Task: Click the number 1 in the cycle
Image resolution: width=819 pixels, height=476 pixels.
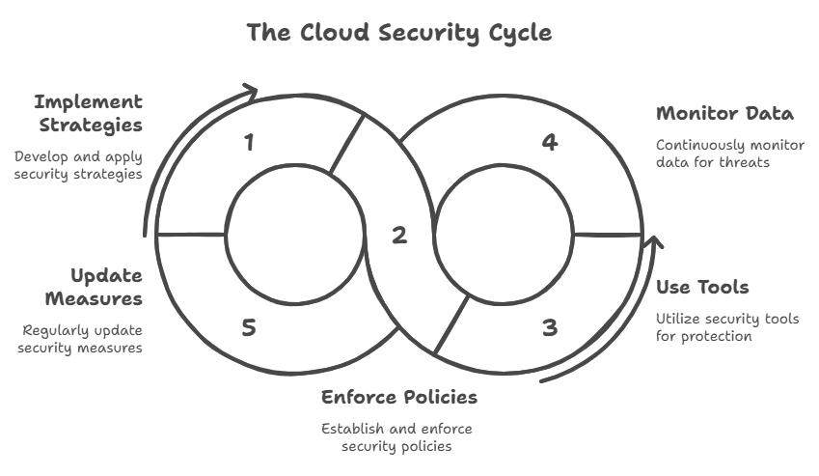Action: coord(249,143)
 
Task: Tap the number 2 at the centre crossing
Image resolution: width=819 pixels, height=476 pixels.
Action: coord(399,235)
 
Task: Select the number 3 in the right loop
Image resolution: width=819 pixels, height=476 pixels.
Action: coord(549,327)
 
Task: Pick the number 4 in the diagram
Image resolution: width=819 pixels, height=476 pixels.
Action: coord(549,143)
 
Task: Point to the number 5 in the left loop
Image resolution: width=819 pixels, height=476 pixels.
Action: coord(249,327)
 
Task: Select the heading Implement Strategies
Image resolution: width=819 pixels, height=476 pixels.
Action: coord(88,113)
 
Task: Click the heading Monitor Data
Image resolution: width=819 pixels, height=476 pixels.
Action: coord(724,113)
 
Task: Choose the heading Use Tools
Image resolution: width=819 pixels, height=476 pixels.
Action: coord(702,287)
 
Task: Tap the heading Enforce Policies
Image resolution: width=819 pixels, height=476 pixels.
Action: coord(398,397)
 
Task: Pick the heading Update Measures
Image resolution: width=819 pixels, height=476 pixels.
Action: coord(106,287)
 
